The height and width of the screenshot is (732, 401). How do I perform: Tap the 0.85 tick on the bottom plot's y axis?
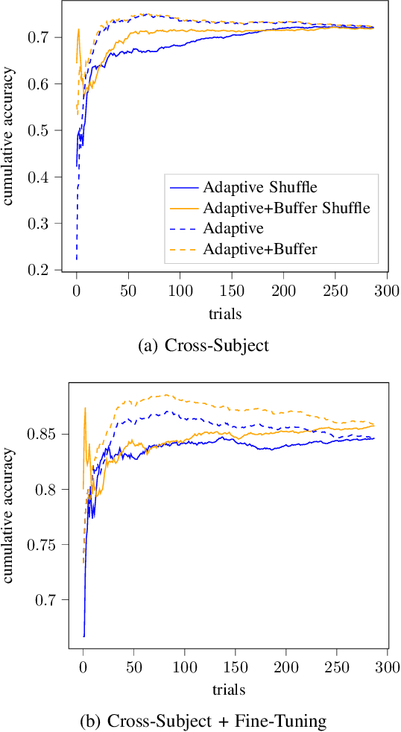point(49,434)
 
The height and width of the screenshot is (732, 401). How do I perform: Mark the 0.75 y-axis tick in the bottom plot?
point(49,545)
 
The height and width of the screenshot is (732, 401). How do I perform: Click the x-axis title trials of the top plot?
point(226,315)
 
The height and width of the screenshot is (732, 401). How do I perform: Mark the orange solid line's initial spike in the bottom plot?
point(85,408)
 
